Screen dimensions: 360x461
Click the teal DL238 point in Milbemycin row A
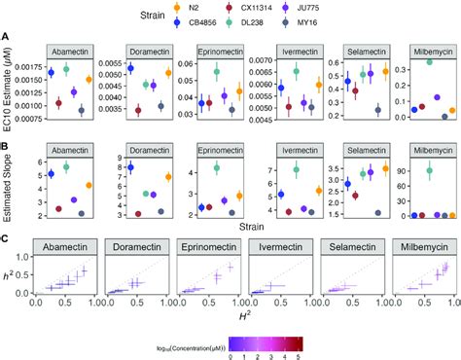(x=428, y=62)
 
